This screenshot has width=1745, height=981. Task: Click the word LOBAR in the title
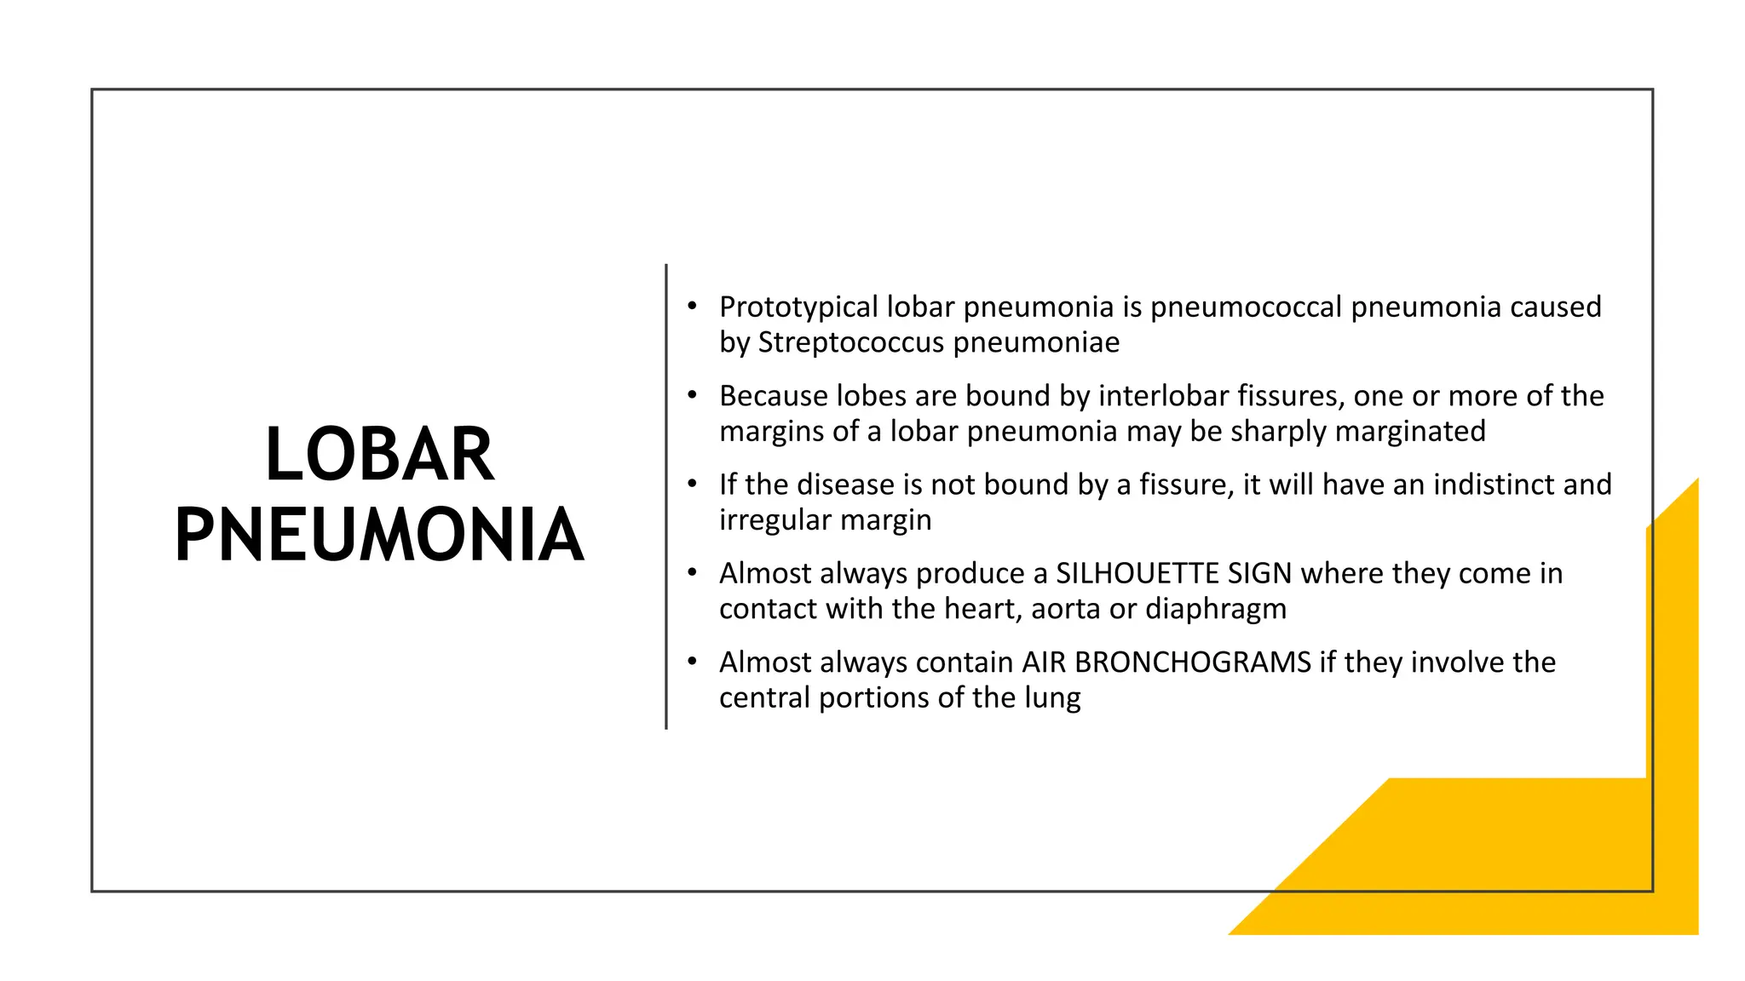(x=379, y=455)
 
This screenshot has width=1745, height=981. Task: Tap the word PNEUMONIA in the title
(x=379, y=536)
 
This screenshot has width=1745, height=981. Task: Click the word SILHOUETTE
(x=1137, y=573)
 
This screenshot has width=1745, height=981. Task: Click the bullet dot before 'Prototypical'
(x=693, y=305)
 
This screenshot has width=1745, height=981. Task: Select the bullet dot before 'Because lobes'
(x=693, y=394)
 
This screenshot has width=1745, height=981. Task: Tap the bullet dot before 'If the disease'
(x=693, y=483)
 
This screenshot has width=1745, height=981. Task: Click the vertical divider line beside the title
(x=666, y=496)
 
